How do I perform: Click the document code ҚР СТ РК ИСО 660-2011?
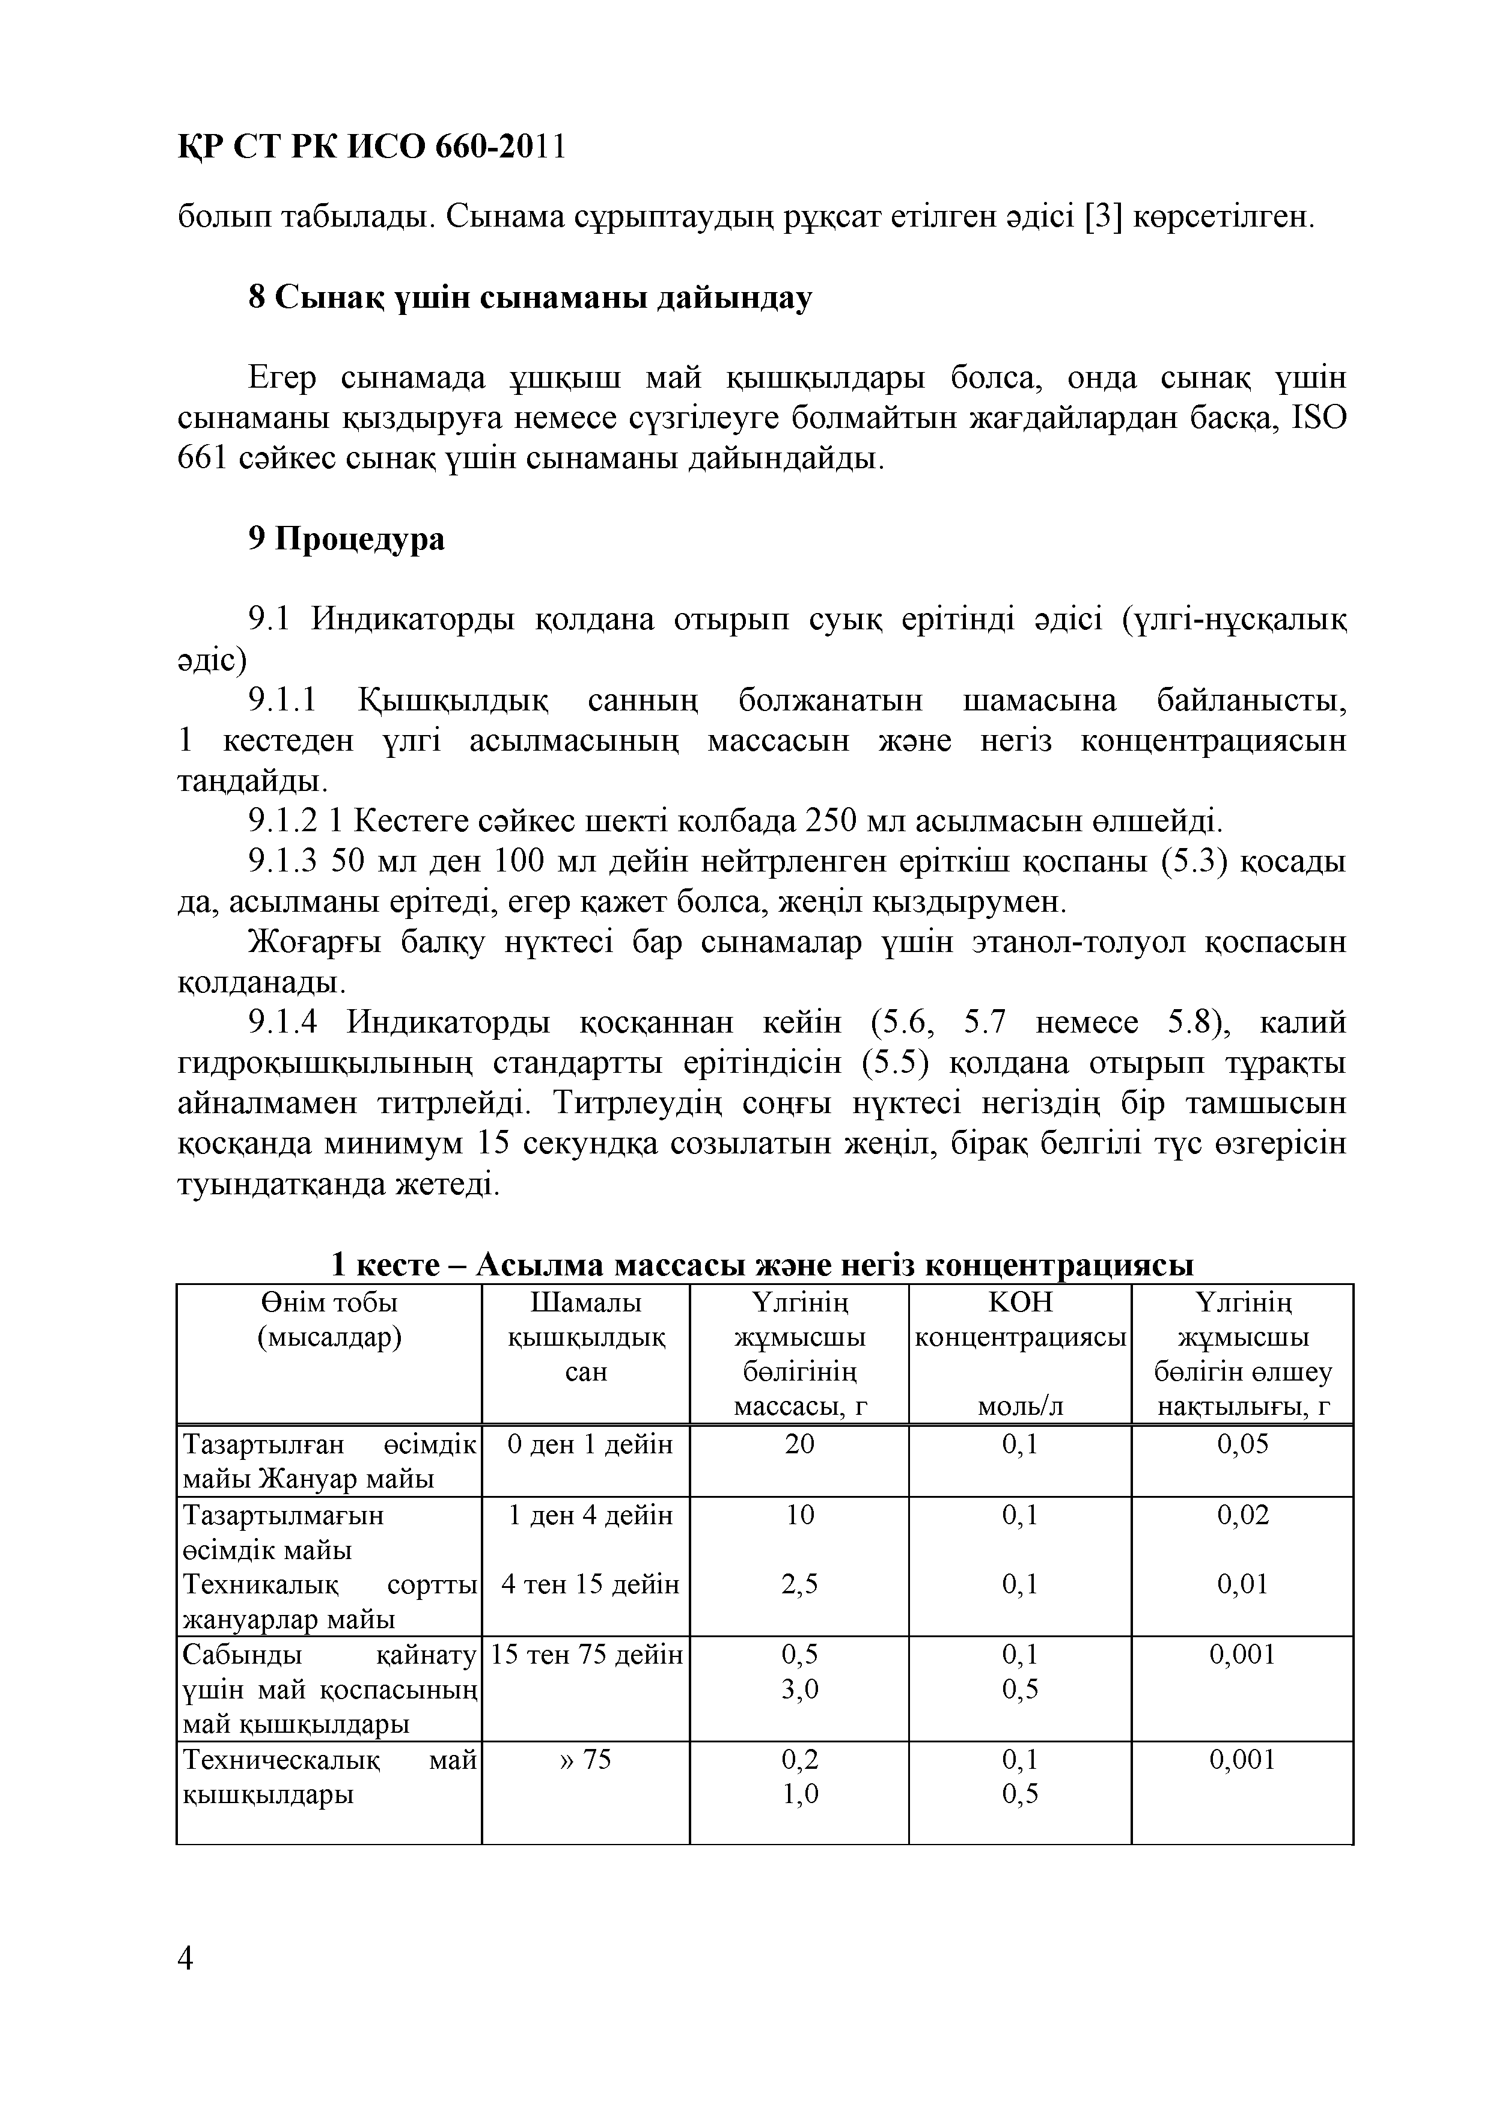coord(371,146)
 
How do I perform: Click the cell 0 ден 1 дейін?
coord(590,1445)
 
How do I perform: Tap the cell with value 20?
coord(799,1445)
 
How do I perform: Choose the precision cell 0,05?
coord(1242,1445)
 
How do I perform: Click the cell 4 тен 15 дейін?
coord(590,1584)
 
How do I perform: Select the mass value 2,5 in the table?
coord(799,1584)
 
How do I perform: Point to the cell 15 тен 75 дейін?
coord(587,1655)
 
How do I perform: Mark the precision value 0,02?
coord(1242,1515)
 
